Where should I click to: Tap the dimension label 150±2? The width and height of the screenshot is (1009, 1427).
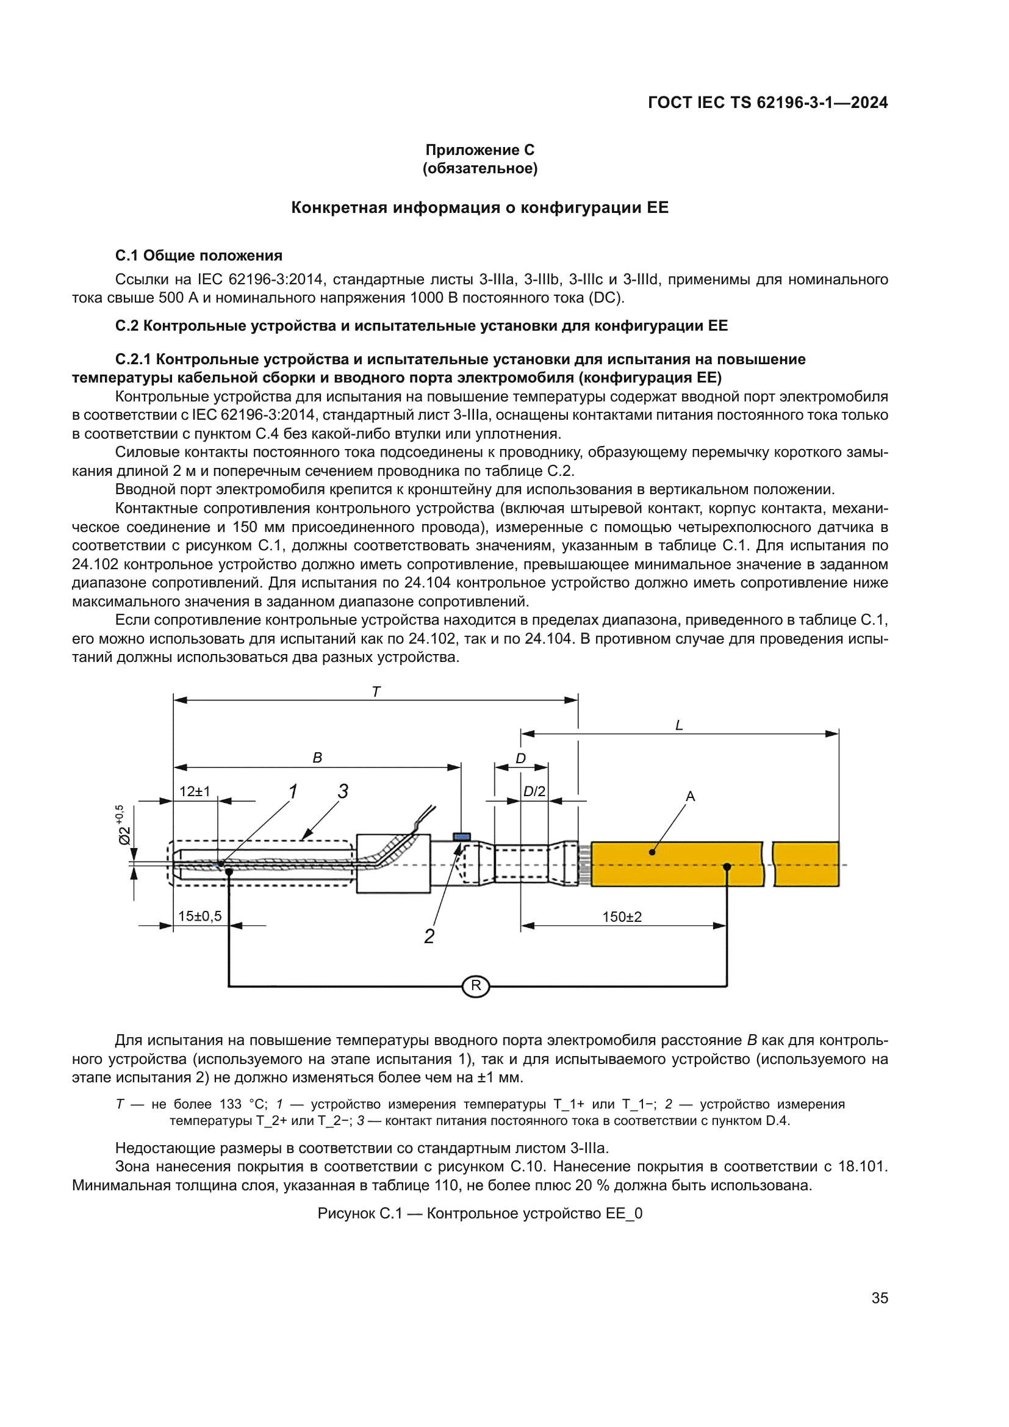coord(622,917)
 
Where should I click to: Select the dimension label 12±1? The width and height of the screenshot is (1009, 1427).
coord(195,791)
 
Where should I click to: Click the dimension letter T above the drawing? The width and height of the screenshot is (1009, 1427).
coord(376,692)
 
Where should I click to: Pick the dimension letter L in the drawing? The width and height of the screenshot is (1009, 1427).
coord(679,725)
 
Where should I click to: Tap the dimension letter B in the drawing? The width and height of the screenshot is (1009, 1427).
coord(317,758)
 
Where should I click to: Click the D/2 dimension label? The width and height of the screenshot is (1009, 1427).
coord(534,791)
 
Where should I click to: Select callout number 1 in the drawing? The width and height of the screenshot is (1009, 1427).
coord(293,791)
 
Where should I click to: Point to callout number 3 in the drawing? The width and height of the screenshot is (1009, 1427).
coord(343,791)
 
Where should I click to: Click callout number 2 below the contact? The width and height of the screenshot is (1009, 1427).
coord(429,936)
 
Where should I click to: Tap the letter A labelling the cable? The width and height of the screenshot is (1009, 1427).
coord(691,796)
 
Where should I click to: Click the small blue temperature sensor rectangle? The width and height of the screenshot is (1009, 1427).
coord(462,836)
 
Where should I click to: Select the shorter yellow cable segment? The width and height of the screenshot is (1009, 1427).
coord(806,864)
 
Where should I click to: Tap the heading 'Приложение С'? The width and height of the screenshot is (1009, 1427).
coord(479,150)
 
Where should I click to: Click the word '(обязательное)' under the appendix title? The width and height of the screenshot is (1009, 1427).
coord(479,168)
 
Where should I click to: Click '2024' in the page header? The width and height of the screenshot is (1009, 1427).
coord(869,102)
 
